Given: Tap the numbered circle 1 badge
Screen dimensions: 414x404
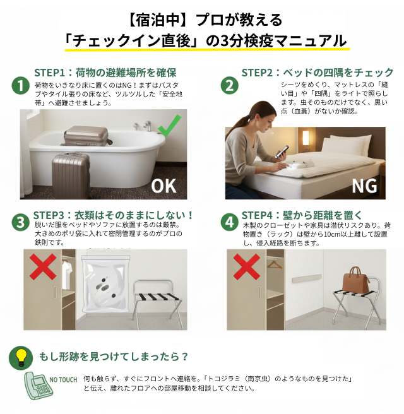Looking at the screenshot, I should [21, 85].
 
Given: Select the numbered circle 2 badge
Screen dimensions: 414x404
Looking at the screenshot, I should [229, 85].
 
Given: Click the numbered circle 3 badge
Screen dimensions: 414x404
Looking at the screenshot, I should [21, 222].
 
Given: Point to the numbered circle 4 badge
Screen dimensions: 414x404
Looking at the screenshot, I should [229, 222].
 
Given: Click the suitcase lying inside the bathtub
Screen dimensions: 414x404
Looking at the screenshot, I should [86, 135].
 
